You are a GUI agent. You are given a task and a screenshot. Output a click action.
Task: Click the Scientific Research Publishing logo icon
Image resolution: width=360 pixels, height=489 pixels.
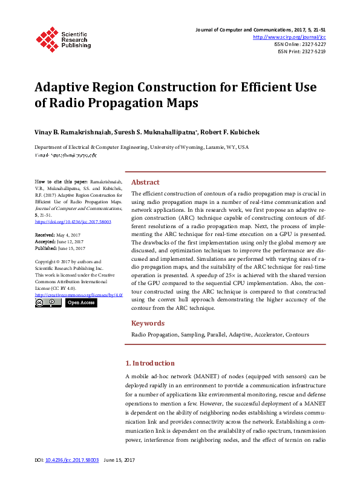click(47, 37)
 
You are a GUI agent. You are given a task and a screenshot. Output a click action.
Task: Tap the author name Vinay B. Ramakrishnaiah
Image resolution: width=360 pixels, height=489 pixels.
click(70, 132)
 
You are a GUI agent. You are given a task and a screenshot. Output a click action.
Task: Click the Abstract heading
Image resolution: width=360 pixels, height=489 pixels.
click(145, 182)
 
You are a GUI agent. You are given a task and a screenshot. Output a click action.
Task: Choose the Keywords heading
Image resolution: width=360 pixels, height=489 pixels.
click(148, 323)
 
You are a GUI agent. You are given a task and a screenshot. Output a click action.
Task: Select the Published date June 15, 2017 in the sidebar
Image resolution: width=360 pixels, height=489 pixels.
click(71, 248)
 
